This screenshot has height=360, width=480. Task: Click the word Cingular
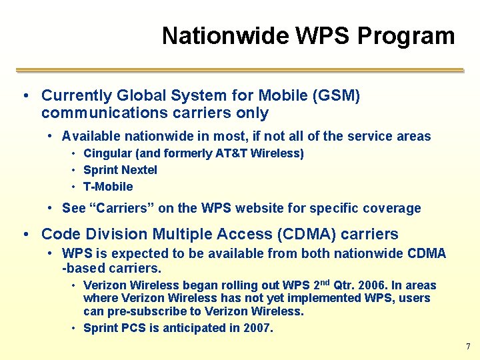pos(107,153)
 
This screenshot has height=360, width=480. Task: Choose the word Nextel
pos(139,170)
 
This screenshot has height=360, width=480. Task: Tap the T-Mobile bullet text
pos(108,187)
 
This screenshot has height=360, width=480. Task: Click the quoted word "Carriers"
pos(122,208)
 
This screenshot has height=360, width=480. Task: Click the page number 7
pos(467,347)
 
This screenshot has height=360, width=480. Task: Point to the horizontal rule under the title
pos(239,69)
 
